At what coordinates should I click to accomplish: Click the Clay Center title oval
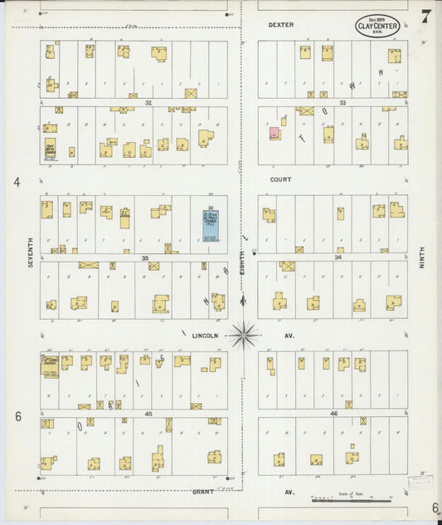click(377, 27)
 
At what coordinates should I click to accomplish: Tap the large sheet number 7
click(425, 17)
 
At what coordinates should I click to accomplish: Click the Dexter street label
click(280, 25)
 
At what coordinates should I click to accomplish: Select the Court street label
click(280, 179)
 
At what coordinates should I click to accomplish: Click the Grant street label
click(203, 492)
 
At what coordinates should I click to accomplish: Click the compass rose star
click(244, 336)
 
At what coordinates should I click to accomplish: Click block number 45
click(148, 413)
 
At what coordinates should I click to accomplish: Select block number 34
click(338, 258)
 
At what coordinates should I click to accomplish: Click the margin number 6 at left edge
click(17, 415)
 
